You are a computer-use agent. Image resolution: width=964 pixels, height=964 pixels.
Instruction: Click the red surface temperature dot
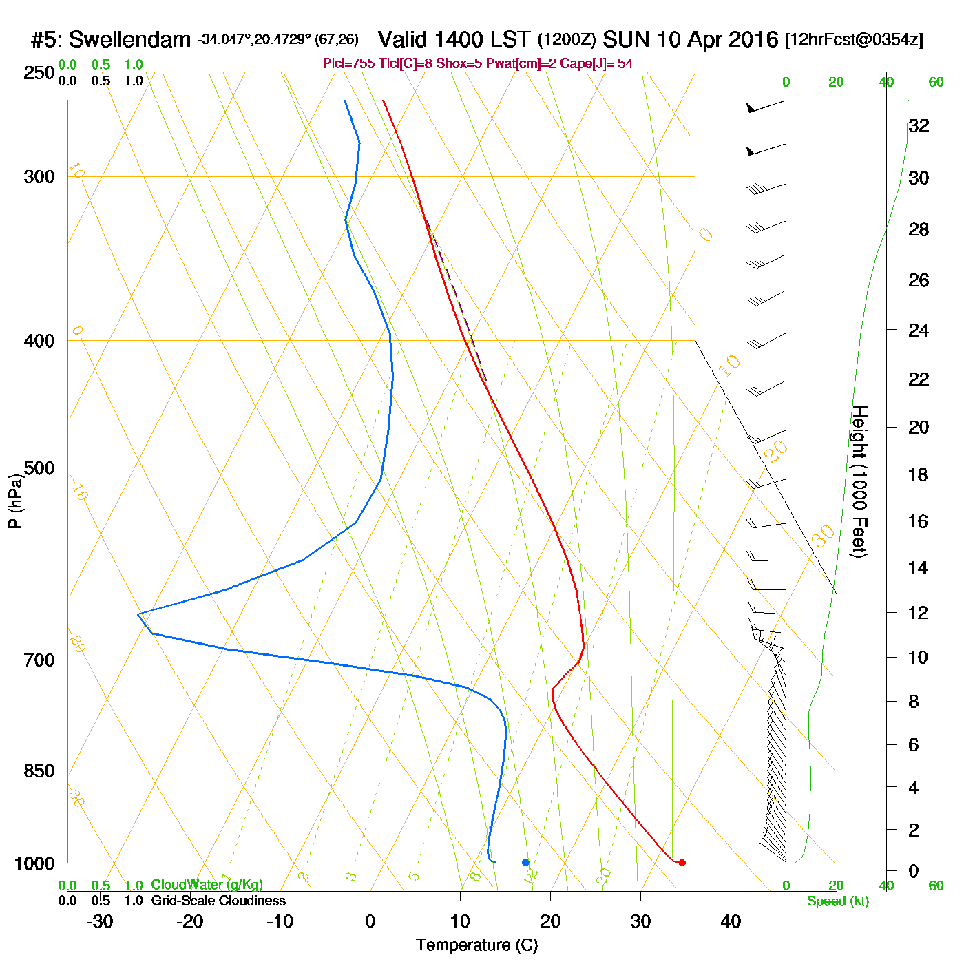682,862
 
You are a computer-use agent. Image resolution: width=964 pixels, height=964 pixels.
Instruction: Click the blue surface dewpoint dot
525,862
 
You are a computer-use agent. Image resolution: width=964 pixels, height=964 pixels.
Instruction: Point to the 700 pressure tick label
39,660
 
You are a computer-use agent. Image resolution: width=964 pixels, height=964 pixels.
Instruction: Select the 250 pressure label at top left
39,73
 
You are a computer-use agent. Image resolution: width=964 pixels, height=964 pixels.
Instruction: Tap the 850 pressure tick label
39,771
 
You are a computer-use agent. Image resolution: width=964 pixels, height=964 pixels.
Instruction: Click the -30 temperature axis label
100,921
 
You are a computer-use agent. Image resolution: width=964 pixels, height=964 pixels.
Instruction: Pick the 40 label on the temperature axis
731,921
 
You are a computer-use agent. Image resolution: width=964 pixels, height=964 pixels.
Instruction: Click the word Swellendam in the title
129,40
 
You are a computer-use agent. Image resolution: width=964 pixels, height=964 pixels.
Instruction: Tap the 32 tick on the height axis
919,125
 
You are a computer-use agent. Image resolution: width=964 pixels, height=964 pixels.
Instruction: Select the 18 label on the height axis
919,474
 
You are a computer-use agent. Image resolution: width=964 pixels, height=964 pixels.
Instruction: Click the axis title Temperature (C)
476,945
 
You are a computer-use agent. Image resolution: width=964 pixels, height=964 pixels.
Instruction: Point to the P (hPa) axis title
15,501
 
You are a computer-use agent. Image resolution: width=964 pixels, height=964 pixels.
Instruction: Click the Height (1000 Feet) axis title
859,481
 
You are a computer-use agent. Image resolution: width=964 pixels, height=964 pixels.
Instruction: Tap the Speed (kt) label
837,901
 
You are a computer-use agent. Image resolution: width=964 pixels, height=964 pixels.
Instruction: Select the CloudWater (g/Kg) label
207,885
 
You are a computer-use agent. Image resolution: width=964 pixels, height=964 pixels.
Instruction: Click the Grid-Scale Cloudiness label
218,901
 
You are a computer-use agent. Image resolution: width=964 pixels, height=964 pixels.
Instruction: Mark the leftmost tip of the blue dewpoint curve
138,614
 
